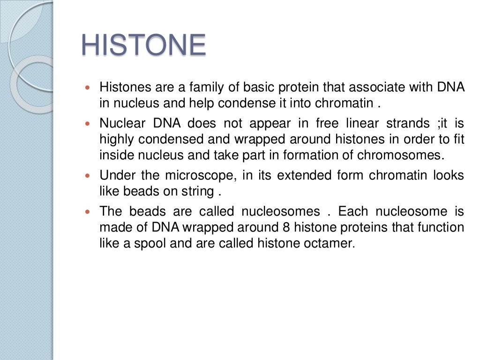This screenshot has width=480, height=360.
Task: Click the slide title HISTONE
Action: [143, 45]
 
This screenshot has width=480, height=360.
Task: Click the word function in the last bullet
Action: [442, 227]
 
